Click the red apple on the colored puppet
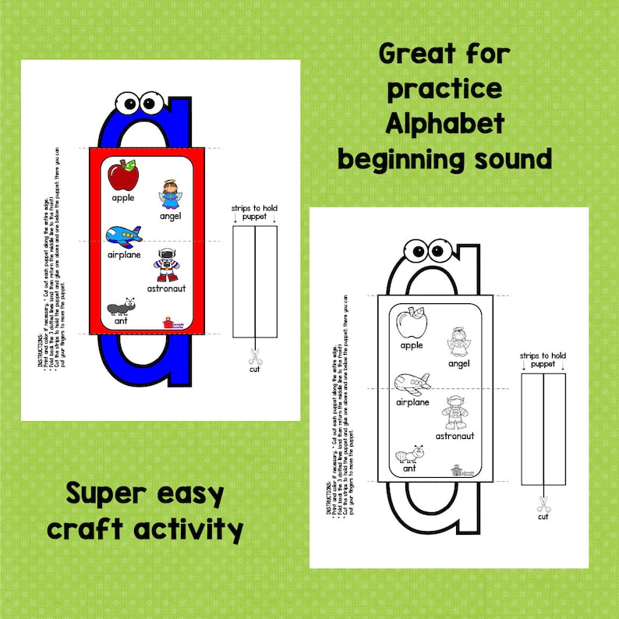122,176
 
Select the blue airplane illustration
123,235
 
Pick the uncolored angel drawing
458,343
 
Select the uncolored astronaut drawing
454,413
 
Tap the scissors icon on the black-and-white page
543,504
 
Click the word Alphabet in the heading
445,124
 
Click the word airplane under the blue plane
124,255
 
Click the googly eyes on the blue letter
138,102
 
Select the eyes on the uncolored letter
430,251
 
